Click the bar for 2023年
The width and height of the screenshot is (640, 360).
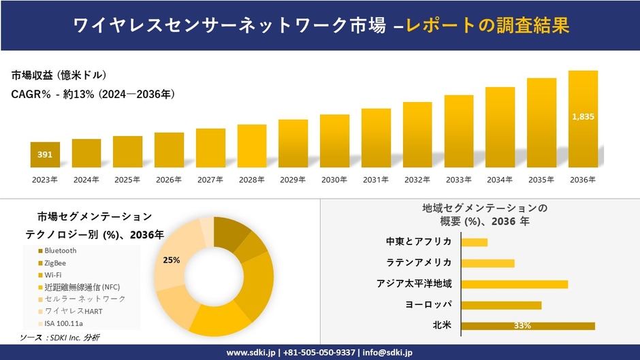point(45,155)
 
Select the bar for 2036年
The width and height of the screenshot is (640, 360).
point(583,119)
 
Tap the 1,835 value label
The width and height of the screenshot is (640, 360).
point(583,116)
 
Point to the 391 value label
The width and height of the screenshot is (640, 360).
point(45,155)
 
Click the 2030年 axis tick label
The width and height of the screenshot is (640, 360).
point(334,180)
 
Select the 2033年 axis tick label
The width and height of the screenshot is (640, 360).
point(459,180)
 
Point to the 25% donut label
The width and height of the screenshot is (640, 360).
point(172,260)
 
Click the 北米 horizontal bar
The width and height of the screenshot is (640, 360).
point(528,326)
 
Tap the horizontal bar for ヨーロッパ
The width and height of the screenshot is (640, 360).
point(501,305)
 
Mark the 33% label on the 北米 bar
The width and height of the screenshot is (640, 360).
point(523,326)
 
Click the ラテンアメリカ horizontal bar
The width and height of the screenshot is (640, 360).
point(487,263)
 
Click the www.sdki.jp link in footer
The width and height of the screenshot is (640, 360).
point(250,353)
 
